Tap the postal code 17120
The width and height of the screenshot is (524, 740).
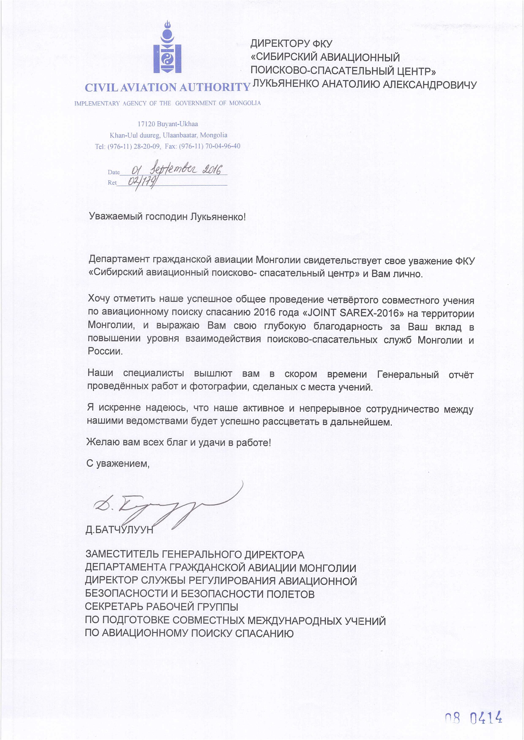click(x=147, y=124)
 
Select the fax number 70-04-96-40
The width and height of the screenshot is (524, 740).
click(x=223, y=146)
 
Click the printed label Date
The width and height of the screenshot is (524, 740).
click(x=114, y=172)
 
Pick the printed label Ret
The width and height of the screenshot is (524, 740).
click(x=112, y=183)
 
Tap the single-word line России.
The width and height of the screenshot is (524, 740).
click(x=105, y=351)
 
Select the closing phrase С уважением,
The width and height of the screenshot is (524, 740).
click(x=118, y=463)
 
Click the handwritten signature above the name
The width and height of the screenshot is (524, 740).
click(x=168, y=506)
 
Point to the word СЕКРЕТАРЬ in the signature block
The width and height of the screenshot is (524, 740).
click(x=114, y=607)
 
